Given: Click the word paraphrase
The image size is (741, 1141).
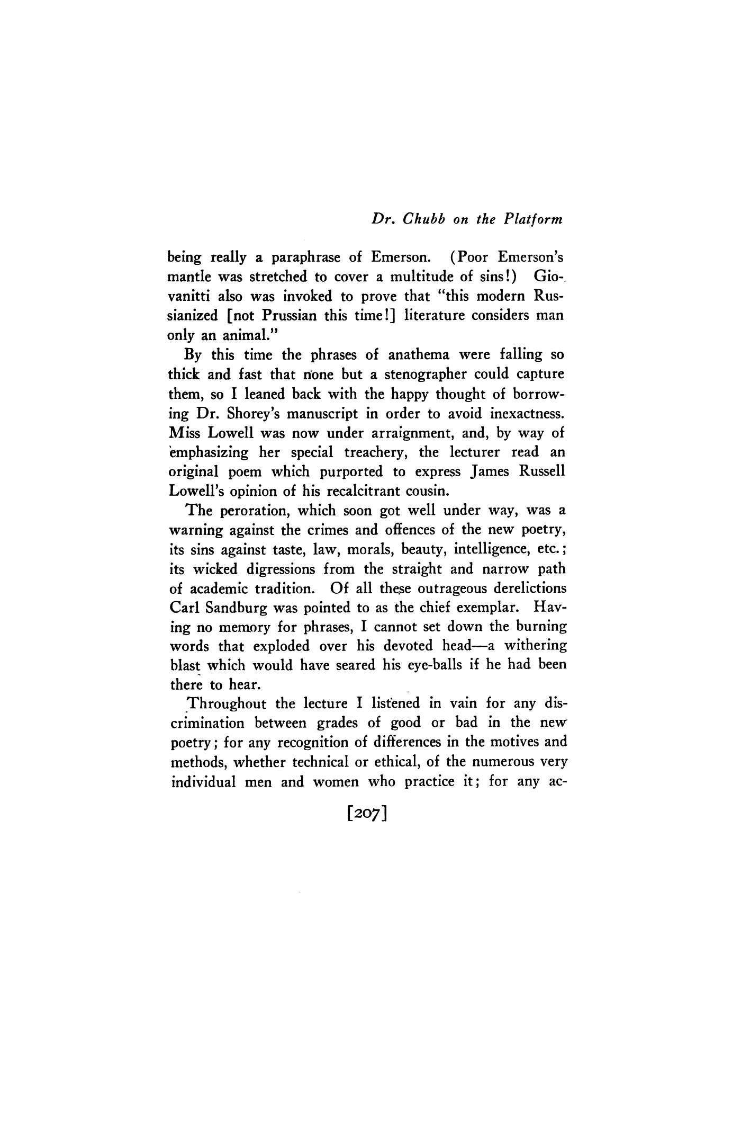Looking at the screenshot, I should [x=306, y=258].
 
